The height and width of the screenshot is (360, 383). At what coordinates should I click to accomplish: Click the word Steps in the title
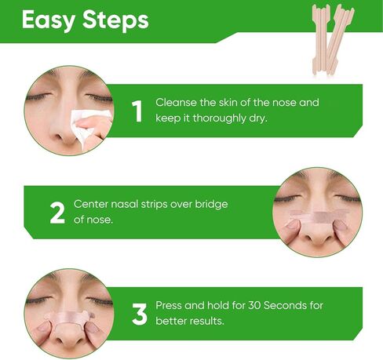point(115,20)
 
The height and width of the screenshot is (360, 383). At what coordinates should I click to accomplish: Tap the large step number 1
point(137,111)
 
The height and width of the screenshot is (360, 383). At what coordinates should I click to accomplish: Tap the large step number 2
point(57,213)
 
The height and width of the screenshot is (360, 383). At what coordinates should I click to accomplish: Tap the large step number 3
point(139,314)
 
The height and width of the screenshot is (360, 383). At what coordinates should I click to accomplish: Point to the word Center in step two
point(91,204)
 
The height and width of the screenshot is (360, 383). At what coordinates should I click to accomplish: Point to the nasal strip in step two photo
point(318,214)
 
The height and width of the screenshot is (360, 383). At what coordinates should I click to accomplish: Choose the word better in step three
point(170,321)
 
